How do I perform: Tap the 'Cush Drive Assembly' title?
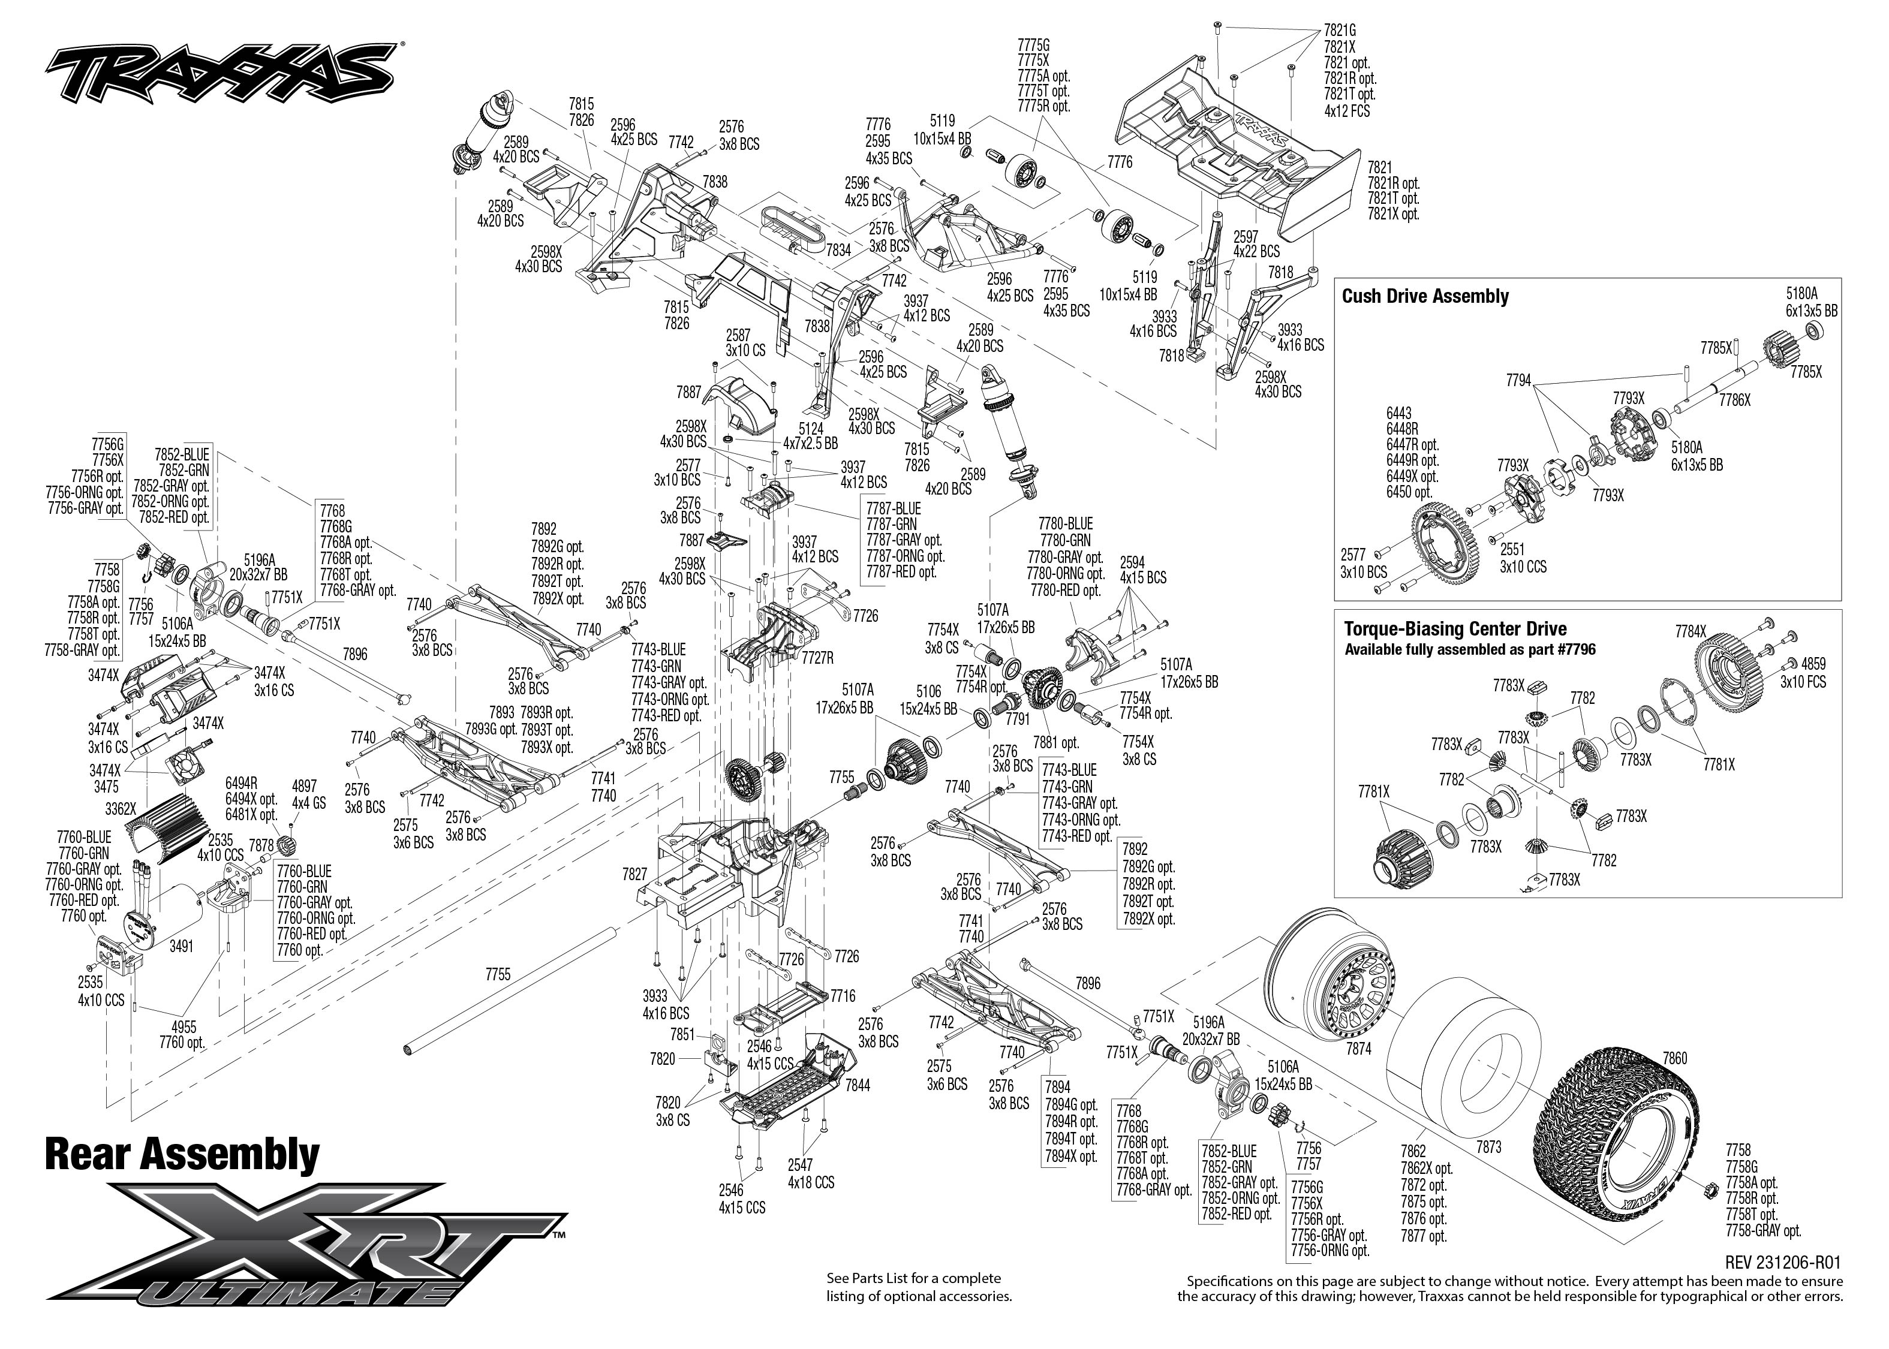point(1425,297)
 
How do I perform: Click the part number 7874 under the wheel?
point(1358,1049)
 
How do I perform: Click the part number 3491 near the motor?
point(181,945)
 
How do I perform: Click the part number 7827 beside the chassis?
point(634,874)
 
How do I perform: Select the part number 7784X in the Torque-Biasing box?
point(1690,631)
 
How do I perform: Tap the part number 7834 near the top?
point(838,249)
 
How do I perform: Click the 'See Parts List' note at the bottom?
point(919,1287)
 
